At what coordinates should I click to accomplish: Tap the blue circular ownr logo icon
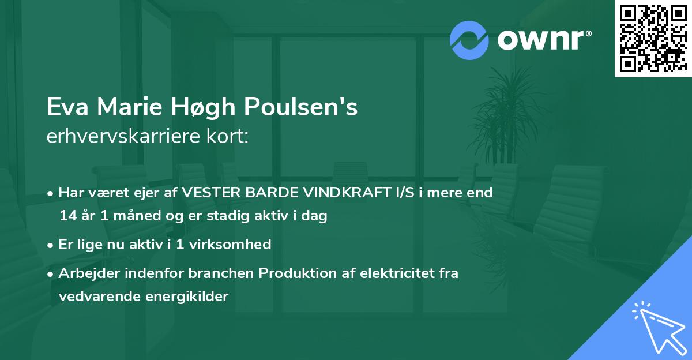(x=469, y=40)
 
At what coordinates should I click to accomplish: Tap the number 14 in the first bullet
(x=67, y=216)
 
